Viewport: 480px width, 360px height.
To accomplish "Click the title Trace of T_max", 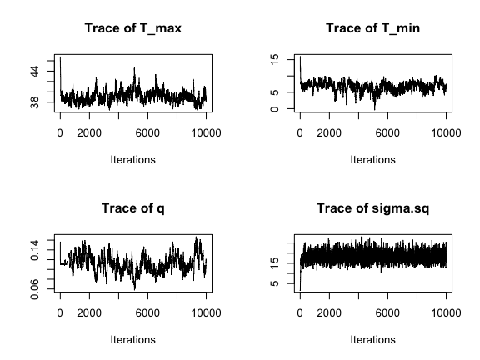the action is point(133,28).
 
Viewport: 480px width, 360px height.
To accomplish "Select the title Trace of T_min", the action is point(372,28).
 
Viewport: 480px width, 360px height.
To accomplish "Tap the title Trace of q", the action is point(133,208).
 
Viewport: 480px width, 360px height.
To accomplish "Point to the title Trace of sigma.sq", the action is point(372,208).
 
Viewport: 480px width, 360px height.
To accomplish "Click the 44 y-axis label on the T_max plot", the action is point(35,72).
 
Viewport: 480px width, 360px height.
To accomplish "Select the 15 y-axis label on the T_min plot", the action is point(275,59).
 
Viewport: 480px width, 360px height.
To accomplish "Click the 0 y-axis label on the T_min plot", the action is point(275,109).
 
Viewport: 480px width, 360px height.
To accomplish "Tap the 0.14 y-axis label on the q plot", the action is point(35,250).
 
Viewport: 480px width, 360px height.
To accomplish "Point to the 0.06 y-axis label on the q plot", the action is point(35,289).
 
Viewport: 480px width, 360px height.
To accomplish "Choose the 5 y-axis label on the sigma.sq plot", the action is point(275,283).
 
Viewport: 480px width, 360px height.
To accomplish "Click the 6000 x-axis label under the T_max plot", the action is point(147,133).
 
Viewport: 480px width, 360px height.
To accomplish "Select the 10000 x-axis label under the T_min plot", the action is point(446,133).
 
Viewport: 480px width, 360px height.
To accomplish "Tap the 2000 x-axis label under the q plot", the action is point(89,313).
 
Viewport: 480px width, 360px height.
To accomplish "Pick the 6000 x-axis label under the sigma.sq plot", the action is point(387,313).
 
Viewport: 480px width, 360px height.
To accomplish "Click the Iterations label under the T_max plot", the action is point(132,160).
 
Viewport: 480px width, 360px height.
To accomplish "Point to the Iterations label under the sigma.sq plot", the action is point(372,340).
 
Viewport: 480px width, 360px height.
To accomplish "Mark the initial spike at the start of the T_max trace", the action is point(60,57).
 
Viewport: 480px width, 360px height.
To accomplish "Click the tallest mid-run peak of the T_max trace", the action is point(134,67).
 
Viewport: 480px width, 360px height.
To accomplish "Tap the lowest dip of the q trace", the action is point(134,288).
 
